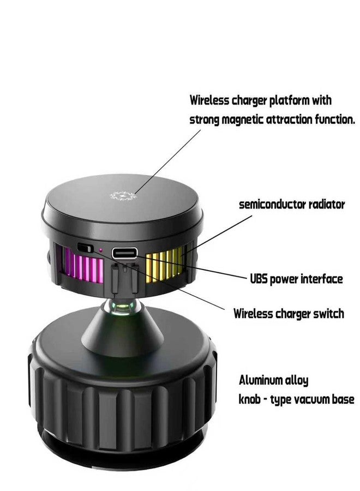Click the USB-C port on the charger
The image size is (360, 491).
(x=124, y=253)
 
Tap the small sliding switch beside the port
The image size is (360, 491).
(x=86, y=248)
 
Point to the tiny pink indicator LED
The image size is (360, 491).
(x=100, y=250)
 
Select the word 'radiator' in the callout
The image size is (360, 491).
(x=327, y=205)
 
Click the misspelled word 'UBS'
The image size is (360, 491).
(x=259, y=279)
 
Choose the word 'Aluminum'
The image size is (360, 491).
(x=260, y=380)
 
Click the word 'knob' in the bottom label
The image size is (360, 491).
(x=249, y=399)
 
